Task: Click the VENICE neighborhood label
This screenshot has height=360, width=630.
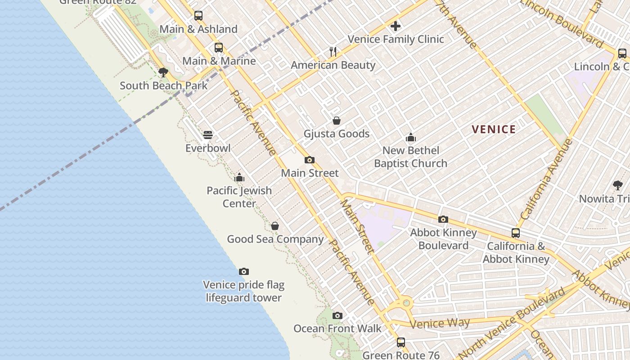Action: pos(494,130)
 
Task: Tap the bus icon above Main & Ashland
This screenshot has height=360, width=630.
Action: pos(198,16)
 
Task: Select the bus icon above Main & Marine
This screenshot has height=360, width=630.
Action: pos(219,48)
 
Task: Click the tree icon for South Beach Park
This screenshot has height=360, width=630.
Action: pos(163,72)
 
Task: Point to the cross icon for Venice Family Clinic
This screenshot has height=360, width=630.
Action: pos(396,27)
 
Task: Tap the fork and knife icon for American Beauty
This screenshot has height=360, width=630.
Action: pos(333,52)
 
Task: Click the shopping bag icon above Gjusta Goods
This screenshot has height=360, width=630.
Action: pos(336,121)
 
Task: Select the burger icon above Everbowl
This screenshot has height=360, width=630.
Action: pos(208,135)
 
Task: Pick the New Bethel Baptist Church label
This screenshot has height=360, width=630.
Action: pos(410,157)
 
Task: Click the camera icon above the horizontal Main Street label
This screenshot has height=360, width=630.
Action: pos(310,160)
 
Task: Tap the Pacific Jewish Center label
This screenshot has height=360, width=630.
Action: pos(239,197)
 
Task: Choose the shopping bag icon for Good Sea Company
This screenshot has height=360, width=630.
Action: pos(275,226)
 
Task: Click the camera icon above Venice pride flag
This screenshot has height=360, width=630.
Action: pos(244,272)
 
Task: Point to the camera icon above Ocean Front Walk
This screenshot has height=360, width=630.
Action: pos(337,316)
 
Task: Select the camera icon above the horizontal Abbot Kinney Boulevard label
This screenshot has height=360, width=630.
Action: pos(443,220)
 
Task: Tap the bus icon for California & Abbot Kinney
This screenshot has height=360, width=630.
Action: pos(516,233)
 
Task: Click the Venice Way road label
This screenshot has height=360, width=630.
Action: pos(440,323)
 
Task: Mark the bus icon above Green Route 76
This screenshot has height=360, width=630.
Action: pos(401,342)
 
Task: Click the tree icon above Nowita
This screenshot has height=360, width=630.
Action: pos(618,185)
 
